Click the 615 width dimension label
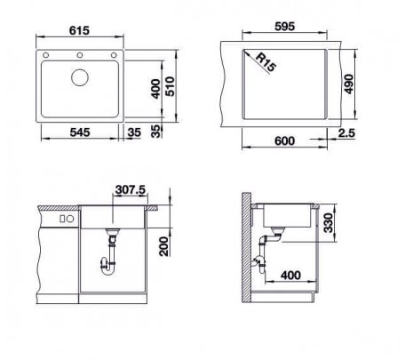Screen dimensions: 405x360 pos(79,30)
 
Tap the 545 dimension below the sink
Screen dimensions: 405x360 pos(80,132)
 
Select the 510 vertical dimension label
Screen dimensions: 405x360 pos(170,86)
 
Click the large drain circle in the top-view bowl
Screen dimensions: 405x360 pos(80,77)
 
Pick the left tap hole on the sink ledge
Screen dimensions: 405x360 pos(46,55)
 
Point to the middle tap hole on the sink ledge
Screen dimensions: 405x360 pos(80,55)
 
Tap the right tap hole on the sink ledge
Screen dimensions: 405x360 pos(114,55)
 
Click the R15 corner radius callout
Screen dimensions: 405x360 pos(266,62)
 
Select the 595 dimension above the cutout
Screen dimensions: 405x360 pos(285,27)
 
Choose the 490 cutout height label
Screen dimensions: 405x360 pos(349,84)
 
